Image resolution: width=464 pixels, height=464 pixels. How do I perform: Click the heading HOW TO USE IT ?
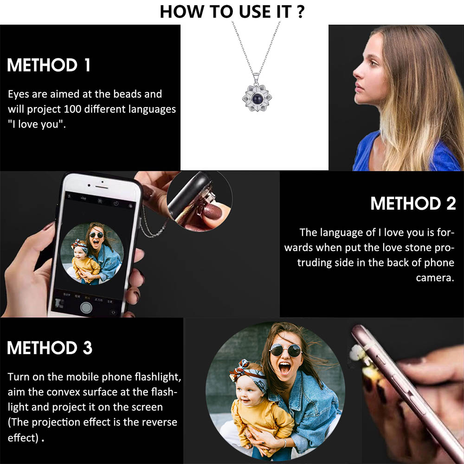click(x=232, y=12)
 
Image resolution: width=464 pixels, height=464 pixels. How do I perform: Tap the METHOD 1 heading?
click(x=49, y=65)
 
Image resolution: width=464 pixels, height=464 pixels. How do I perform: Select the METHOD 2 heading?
click(x=413, y=204)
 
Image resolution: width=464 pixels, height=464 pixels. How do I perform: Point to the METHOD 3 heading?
click(x=50, y=348)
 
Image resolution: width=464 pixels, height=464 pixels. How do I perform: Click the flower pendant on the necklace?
click(x=257, y=97)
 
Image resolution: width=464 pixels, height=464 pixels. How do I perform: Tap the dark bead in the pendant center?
click(x=257, y=98)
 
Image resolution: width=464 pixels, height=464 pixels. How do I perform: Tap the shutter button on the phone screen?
click(x=86, y=308)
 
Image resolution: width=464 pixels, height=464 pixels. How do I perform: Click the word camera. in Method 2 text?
click(x=435, y=278)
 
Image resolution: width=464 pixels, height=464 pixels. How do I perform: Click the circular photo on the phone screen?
click(x=92, y=254)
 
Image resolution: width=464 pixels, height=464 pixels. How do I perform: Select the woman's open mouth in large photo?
click(x=285, y=368)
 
